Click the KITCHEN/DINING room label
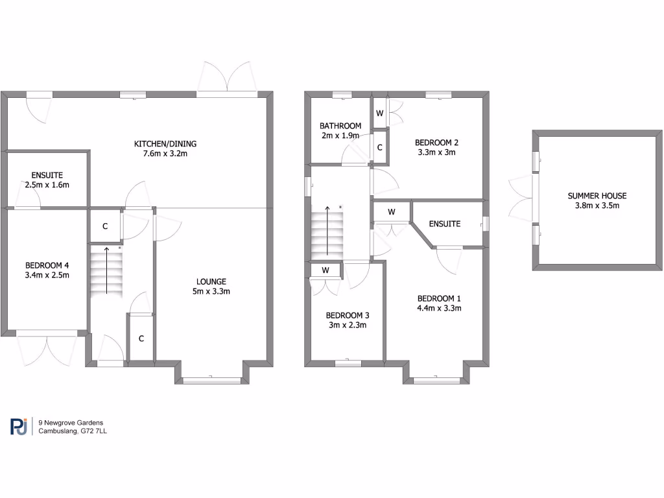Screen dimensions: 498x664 (165, 143)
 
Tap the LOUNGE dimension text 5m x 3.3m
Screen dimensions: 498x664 (212, 292)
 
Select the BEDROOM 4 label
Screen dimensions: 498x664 (47, 265)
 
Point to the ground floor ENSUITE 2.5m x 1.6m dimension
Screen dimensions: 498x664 (47, 185)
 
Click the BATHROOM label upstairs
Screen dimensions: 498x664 (340, 126)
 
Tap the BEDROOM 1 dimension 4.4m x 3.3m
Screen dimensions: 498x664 (439, 308)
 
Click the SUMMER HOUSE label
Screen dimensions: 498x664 (597, 196)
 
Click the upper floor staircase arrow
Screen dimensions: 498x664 (327, 230)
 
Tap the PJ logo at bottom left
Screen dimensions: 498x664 (19, 426)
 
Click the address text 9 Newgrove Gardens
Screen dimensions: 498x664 (71, 423)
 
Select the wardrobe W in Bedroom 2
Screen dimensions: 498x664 (379, 114)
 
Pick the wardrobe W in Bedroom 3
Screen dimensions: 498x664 (324, 270)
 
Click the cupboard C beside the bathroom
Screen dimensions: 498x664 (380, 147)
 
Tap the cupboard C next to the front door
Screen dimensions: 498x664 (141, 338)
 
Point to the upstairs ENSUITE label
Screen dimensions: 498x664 (445, 224)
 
